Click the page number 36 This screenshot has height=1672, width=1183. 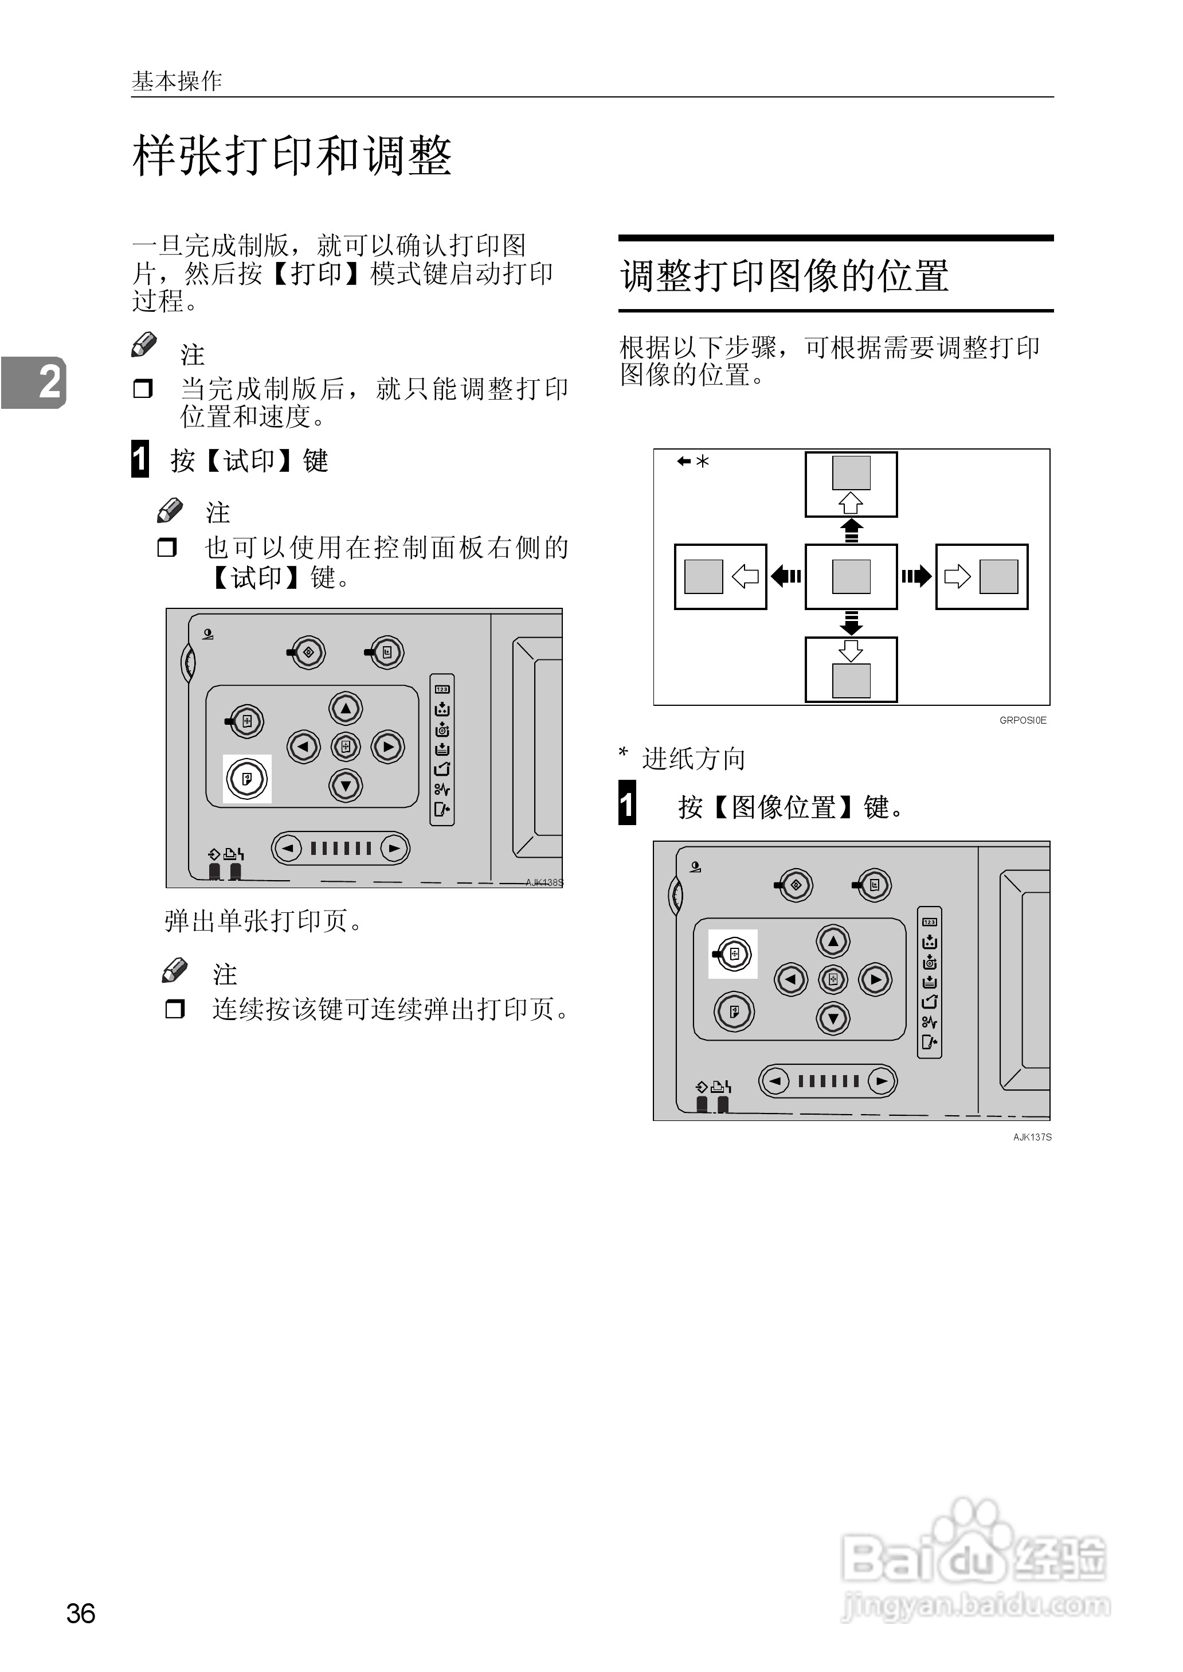point(81,1613)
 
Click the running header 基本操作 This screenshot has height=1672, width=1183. point(177,81)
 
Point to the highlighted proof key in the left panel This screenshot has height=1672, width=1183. point(247,779)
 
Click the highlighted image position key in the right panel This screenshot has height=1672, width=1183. point(734,954)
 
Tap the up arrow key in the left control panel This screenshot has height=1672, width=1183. point(346,708)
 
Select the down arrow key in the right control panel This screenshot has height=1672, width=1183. point(833,1018)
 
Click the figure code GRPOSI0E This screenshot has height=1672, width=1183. point(1022,720)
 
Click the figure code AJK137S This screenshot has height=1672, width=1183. point(1032,1136)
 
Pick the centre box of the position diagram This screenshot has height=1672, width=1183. point(851,576)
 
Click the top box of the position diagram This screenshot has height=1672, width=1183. point(851,484)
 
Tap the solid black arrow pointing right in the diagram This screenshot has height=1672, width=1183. point(916,576)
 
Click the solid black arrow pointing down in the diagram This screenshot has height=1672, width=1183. point(851,623)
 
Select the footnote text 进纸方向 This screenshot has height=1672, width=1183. point(694,759)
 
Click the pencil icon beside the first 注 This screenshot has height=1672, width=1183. point(144,345)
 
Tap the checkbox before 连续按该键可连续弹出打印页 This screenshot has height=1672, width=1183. point(175,1009)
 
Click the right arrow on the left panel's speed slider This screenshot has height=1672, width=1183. point(394,848)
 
